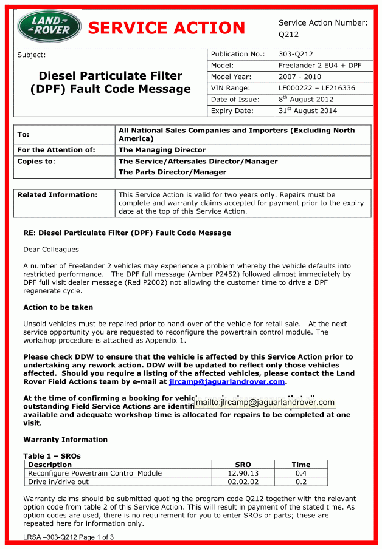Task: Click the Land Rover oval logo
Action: point(49,27)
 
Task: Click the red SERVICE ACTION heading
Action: point(167,28)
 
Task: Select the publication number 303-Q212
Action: point(296,54)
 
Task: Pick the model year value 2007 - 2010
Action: point(300,77)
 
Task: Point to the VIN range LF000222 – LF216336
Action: point(316,88)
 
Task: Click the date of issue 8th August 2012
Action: point(306,99)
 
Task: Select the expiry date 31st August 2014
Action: point(308,111)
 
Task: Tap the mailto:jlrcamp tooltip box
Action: point(265,402)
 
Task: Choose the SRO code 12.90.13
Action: point(243,473)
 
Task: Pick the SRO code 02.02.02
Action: point(243,482)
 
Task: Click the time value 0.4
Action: point(300,473)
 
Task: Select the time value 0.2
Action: point(300,482)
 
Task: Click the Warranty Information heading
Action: point(65,439)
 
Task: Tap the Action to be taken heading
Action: point(58,307)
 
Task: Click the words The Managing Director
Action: point(162,150)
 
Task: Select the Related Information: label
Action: point(57,195)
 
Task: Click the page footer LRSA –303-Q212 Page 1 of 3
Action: point(69,537)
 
